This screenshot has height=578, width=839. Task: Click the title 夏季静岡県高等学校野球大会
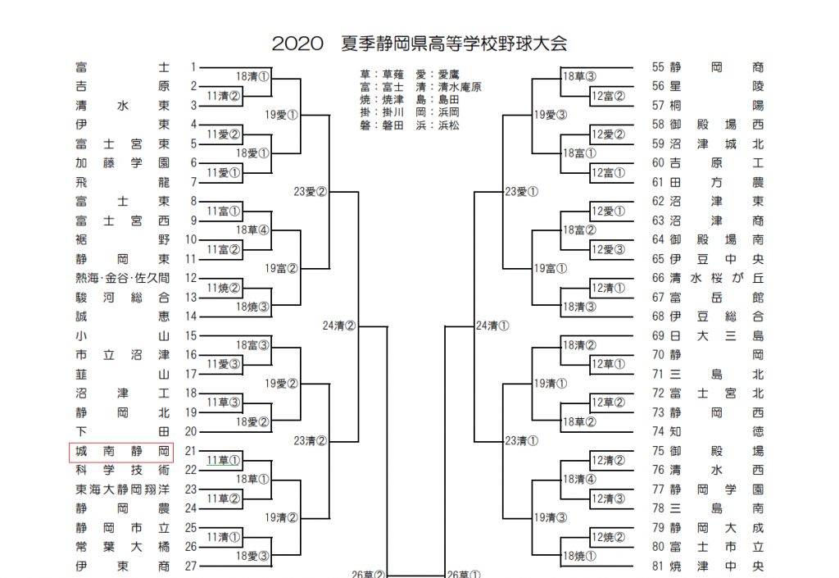(454, 43)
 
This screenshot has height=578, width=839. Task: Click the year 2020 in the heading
(298, 43)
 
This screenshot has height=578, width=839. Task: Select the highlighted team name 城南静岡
(122, 452)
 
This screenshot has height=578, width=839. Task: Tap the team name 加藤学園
(122, 162)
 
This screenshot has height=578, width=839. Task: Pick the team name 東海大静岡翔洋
(122, 489)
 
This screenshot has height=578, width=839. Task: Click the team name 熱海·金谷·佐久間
(122, 278)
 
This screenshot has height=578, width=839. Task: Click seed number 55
(658, 67)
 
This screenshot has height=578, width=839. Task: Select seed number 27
(193, 566)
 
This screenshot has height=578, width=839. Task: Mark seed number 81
(658, 566)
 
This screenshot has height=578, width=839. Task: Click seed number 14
(193, 316)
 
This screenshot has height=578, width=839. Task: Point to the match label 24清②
(338, 325)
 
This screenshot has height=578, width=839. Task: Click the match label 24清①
(492, 325)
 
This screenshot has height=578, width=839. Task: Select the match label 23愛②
(311, 192)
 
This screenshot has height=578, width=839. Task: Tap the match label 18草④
(252, 230)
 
